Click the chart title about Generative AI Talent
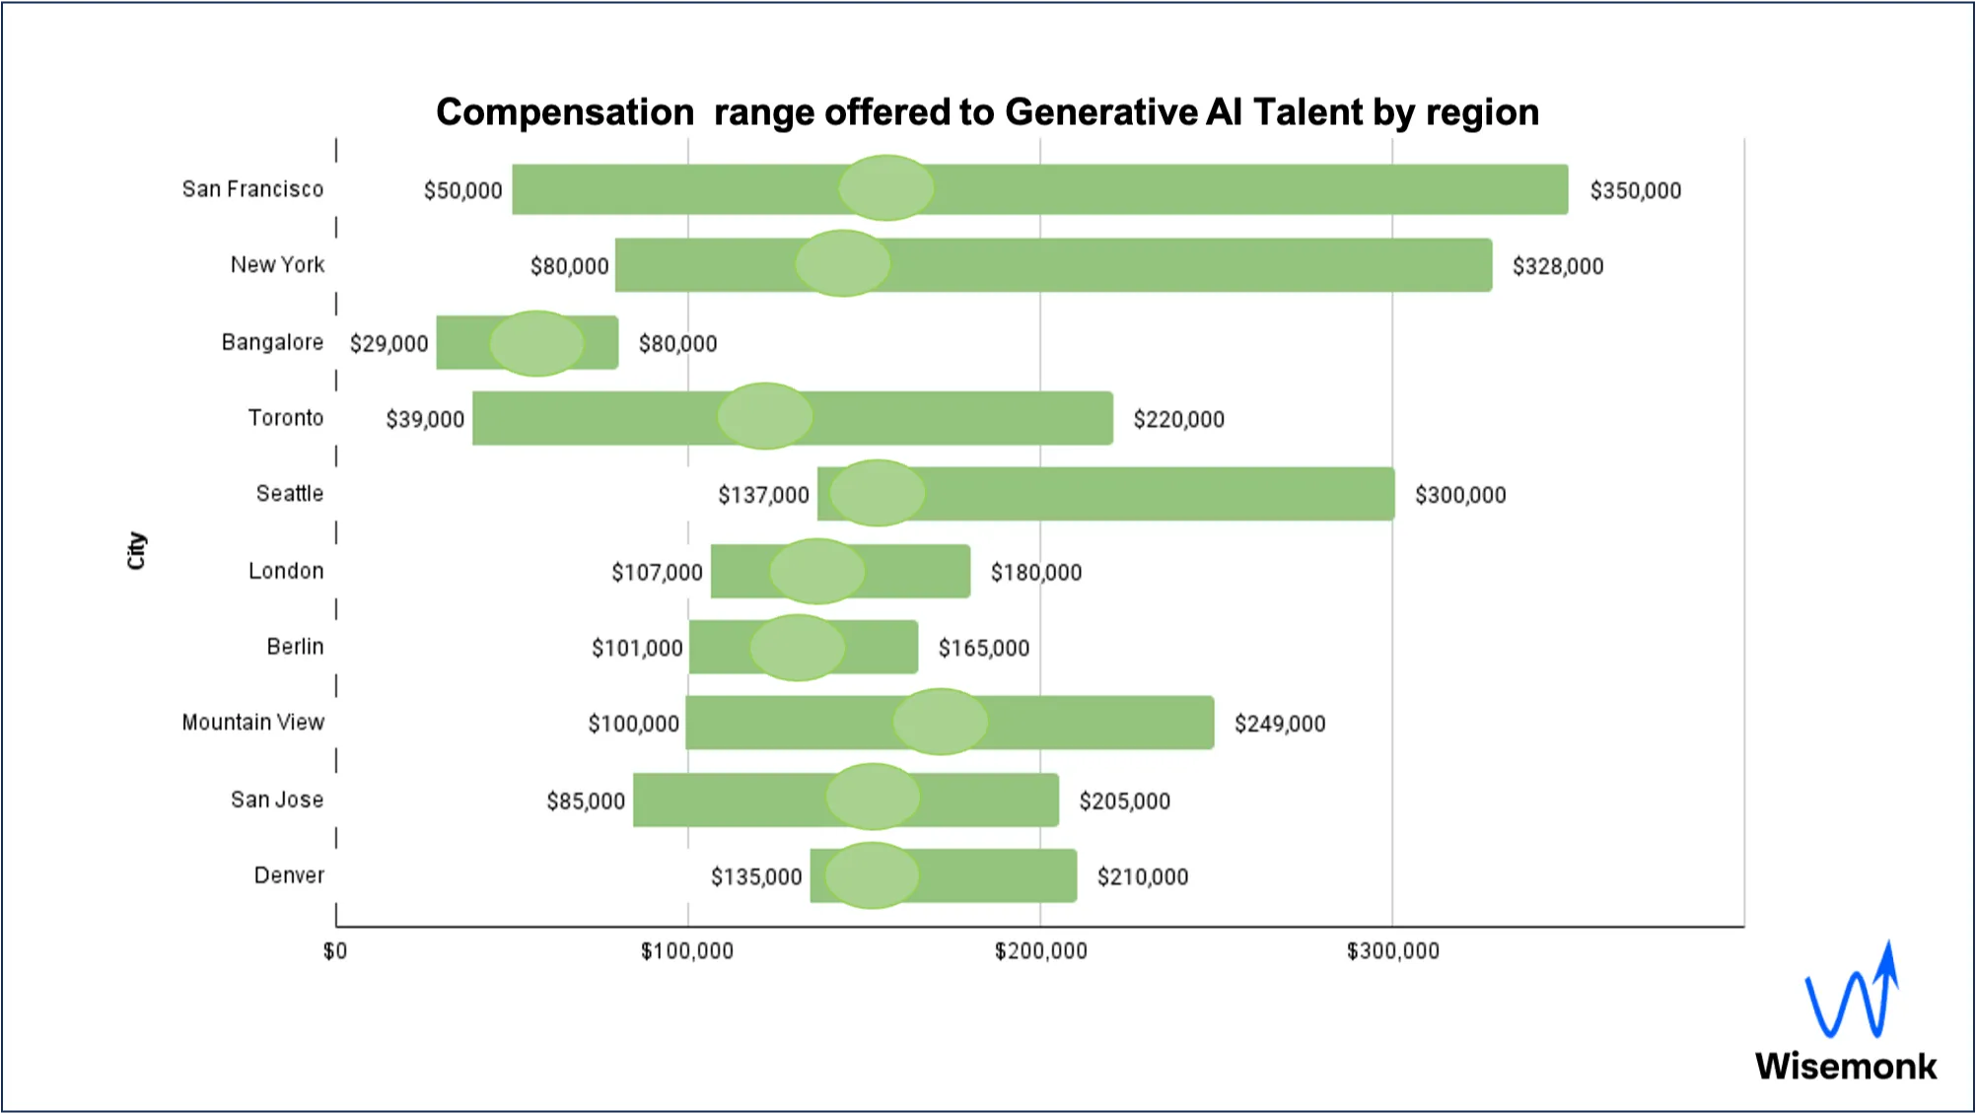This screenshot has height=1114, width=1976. [x=987, y=112]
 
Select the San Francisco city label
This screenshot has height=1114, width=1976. [x=252, y=189]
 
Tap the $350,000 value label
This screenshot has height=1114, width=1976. [x=1635, y=190]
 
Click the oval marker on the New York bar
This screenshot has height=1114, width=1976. [x=843, y=263]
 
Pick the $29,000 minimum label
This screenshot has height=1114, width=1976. [x=388, y=343]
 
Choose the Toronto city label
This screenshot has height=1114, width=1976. [x=285, y=418]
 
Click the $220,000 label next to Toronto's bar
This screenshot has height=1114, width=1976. [x=1178, y=419]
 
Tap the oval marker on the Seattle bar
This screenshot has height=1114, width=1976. [x=877, y=493]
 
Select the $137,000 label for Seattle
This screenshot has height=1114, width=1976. [x=763, y=495]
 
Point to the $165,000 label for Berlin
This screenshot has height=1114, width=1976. [x=983, y=648]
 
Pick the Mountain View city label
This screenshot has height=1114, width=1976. [x=252, y=723]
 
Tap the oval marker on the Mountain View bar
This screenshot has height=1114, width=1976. [x=940, y=722]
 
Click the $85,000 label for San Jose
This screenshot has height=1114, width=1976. [x=586, y=801]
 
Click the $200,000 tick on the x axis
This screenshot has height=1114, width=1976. [x=1040, y=950]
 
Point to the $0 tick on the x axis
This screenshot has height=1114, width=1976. [x=335, y=950]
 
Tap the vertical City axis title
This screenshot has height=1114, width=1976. [x=136, y=550]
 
